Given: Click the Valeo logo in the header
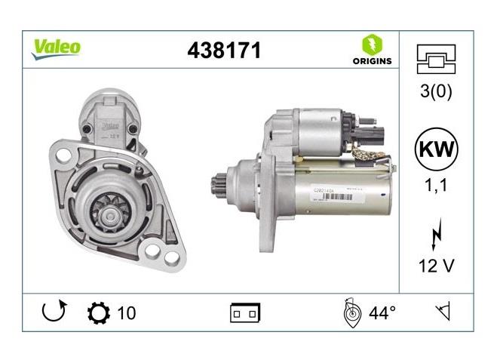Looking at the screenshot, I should (x=56, y=47).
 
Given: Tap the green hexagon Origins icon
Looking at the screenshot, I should (x=372, y=43).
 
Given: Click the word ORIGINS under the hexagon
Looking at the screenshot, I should (x=372, y=61).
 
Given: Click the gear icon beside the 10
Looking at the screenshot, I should (x=98, y=312).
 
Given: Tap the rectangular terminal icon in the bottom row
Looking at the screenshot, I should (x=245, y=312).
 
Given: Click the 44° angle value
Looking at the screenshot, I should (x=382, y=312).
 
